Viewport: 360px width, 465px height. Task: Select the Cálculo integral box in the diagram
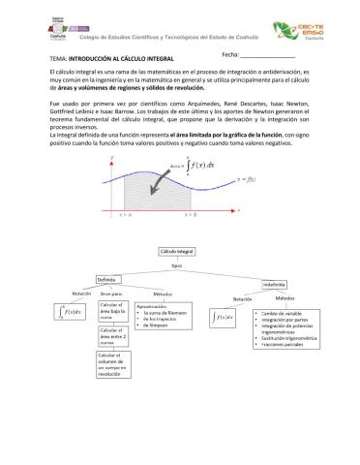click(176, 252)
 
